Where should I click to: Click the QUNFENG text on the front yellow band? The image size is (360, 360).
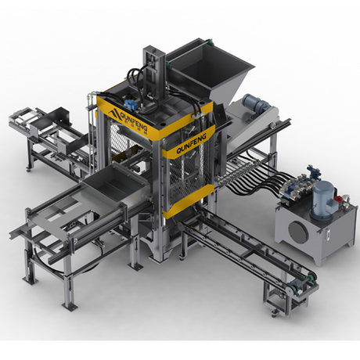point(191,143)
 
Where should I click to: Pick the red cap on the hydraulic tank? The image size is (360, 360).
point(338,199)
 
